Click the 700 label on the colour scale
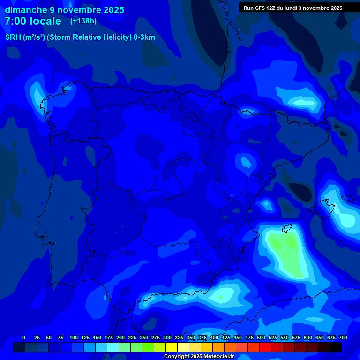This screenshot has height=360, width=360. coord(343,337)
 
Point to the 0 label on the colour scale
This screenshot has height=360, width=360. coord(24,337)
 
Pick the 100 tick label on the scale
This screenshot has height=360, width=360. coord(74,337)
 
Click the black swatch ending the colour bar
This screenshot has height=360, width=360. coord(336,347)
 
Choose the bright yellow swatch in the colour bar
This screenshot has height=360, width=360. coord(172,347)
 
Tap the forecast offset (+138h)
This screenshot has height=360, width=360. coord(83,21)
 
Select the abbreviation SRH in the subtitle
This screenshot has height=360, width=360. coord(13,37)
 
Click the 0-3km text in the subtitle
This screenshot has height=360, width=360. coord(144,37)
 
